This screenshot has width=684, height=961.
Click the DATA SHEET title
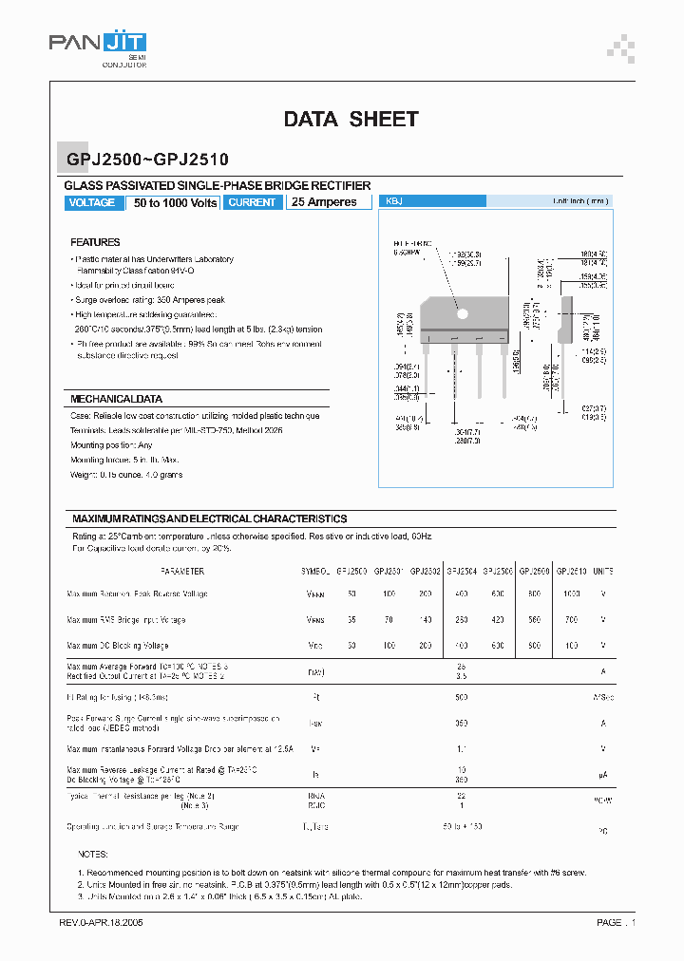pos(351,119)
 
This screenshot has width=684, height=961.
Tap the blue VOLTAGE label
pos(92,202)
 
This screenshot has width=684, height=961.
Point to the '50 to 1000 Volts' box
pos(175,202)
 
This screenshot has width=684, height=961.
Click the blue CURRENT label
pos(253,202)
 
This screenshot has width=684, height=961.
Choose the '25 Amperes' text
pos(325,202)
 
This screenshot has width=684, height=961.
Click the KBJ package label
pos(391,201)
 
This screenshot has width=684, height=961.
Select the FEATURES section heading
pos(95,242)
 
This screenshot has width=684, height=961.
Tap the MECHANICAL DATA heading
pos(116,399)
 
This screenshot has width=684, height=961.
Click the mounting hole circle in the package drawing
pos(464,313)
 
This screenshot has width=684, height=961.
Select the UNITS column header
pos(603,572)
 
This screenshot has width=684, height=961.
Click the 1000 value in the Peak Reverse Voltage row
pos(570,594)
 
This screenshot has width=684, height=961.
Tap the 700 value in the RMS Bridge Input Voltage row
pos(570,619)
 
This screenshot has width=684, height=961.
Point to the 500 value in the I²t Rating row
pos(463,697)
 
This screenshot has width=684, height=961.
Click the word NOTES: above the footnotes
pos(93,855)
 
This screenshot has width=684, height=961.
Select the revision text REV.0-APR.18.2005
pos(101,922)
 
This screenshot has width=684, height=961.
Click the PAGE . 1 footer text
pos(616,922)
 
